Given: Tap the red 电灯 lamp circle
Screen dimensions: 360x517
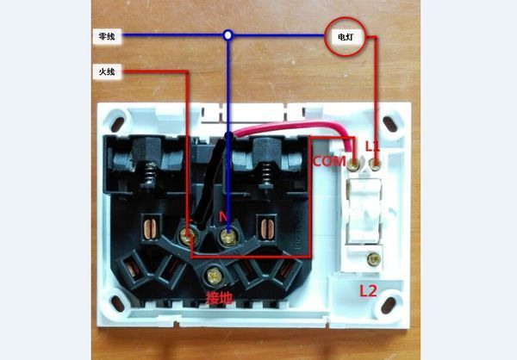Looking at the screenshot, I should [344, 38].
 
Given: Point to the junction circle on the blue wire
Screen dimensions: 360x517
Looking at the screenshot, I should [227, 36].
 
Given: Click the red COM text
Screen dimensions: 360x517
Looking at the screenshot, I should [328, 161].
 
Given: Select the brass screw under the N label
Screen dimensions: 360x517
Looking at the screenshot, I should [227, 233].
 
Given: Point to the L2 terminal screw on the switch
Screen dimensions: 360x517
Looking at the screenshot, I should [373, 258].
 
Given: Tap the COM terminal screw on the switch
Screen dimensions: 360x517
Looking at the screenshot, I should [356, 161].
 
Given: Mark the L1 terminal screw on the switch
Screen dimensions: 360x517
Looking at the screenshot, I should [374, 161].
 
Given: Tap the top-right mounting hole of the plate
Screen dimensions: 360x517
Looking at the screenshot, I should [393, 121].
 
